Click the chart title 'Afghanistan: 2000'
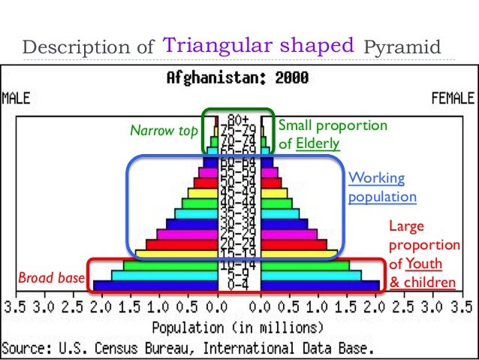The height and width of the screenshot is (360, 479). [x=238, y=78]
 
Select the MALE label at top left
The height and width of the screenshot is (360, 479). [x=16, y=98]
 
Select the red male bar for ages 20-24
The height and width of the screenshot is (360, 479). [x=181, y=244]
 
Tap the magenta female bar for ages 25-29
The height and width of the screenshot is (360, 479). [x=289, y=234]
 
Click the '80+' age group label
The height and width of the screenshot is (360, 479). [x=239, y=119]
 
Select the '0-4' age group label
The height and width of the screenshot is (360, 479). [x=239, y=286]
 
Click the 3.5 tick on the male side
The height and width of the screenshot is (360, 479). [x=14, y=309]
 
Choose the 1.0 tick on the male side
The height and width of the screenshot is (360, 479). [x=158, y=309]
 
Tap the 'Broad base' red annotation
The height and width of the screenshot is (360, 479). [x=51, y=279]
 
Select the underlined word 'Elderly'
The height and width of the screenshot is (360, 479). [x=318, y=143]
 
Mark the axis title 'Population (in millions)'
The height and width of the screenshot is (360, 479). [x=238, y=328]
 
